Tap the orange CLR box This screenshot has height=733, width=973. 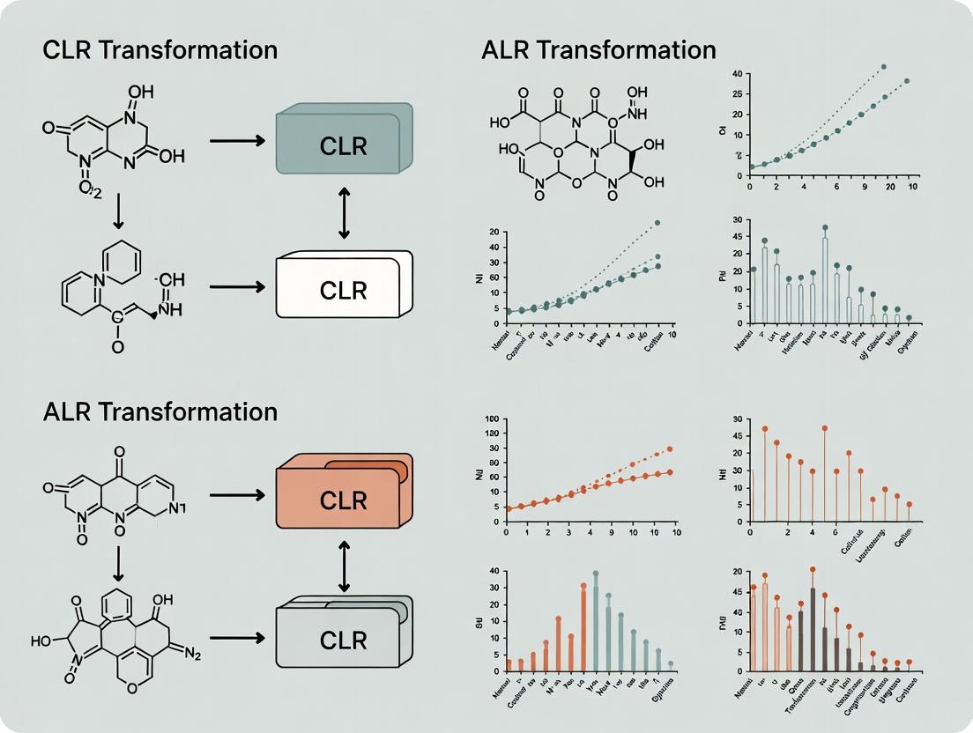344,500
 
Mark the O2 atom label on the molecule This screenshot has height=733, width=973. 89,188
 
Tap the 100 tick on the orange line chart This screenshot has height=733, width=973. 492,418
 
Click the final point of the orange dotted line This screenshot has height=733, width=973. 670,448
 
